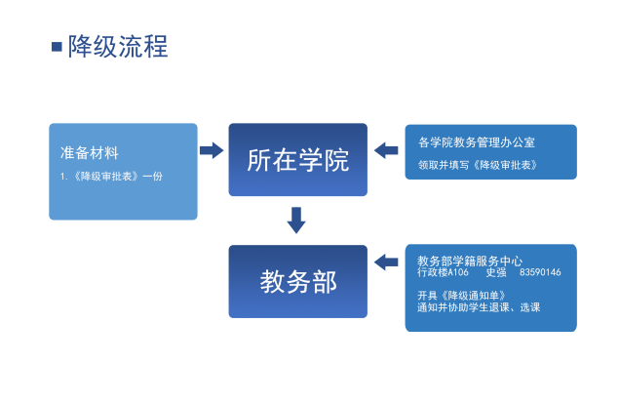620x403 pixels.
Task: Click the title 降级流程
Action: pos(118,47)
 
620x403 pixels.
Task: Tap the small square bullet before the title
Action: pos(57,47)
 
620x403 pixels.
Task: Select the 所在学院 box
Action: pos(297,159)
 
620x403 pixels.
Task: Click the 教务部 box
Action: pos(297,281)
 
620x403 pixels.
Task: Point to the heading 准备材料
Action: pos(90,153)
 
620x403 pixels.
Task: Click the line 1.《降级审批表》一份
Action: pos(111,177)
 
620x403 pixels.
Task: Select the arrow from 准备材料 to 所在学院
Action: pos(212,150)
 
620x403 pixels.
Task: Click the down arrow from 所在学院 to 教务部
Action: pos(296,221)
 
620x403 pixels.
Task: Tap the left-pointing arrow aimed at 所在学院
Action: pos(386,150)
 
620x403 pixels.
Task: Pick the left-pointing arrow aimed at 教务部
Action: pos(386,262)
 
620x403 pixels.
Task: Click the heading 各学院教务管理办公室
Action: pos(477,142)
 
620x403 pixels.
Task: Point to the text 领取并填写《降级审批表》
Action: pos(478,165)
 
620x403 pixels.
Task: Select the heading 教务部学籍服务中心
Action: pos(470,261)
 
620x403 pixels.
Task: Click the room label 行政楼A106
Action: pos(443,272)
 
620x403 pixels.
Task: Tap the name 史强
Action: pos(496,272)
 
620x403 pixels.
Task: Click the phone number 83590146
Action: pos(540,272)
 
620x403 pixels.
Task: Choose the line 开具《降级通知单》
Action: pos(461,296)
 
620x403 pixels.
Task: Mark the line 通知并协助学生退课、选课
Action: pos(479,307)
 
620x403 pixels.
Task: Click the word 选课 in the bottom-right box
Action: pos(530,307)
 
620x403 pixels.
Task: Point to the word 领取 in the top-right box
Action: pos(428,165)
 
